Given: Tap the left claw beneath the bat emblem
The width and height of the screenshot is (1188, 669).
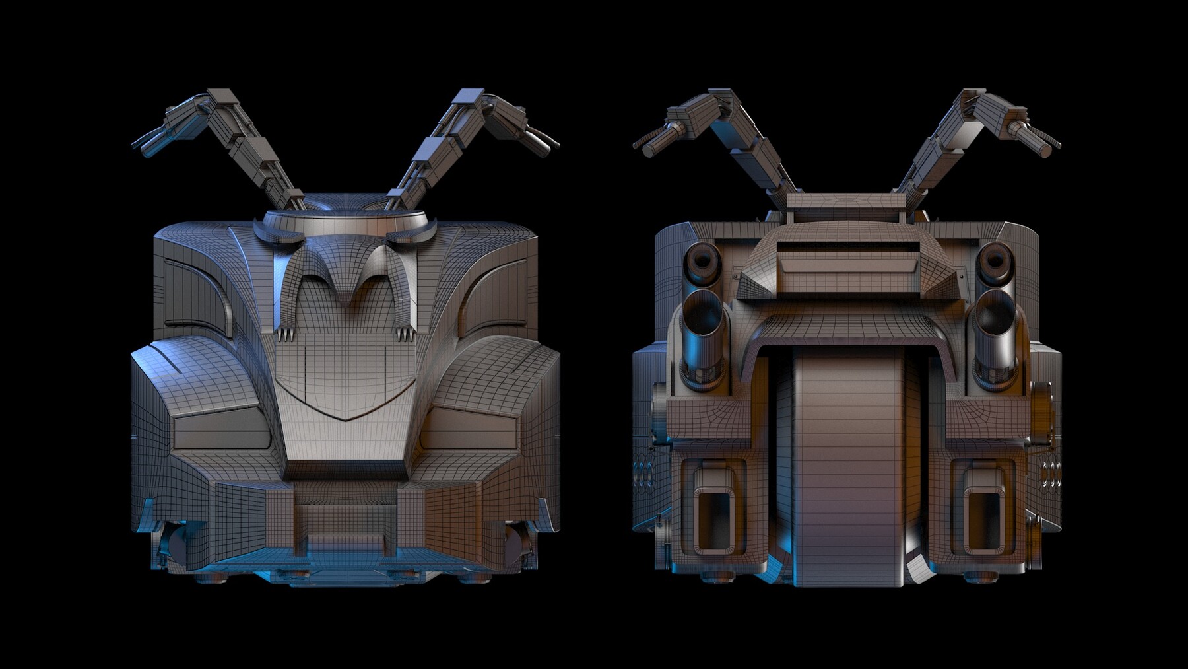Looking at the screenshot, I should click(x=284, y=334).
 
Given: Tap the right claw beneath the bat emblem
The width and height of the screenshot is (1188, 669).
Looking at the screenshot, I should click(x=406, y=334).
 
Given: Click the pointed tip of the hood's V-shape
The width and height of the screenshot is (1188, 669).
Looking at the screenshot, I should click(x=345, y=419).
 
